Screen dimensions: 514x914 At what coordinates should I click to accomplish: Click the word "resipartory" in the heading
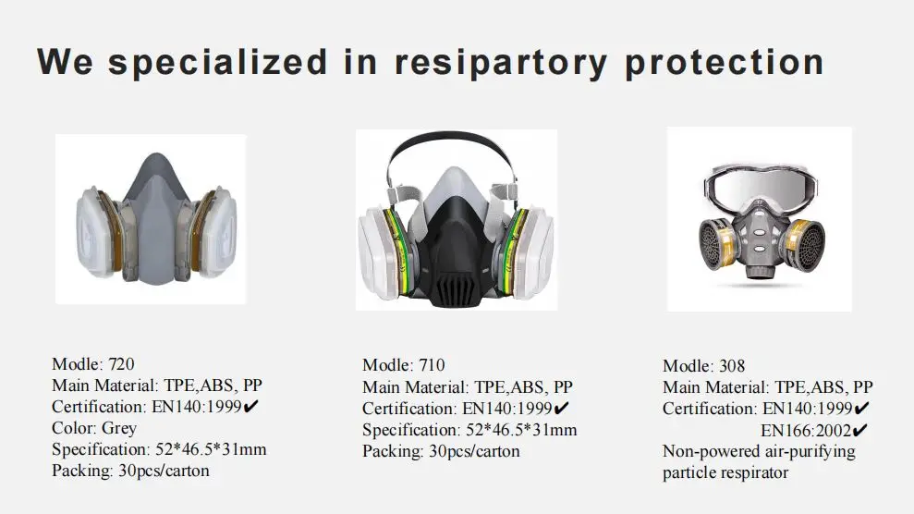pyautogui.click(x=500, y=63)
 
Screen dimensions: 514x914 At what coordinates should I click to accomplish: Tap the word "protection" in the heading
pyautogui.click(x=724, y=63)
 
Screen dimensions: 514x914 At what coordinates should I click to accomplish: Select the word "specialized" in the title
pyautogui.click(x=217, y=63)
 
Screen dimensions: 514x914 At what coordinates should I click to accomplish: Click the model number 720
pyautogui.click(x=121, y=364)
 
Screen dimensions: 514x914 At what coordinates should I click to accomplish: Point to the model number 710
pyautogui.click(x=431, y=365)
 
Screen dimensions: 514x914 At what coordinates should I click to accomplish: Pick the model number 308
pyautogui.click(x=731, y=366)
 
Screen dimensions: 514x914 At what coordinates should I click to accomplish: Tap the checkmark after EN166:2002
pyautogui.click(x=859, y=430)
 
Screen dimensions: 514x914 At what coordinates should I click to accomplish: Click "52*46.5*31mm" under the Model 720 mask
pyautogui.click(x=208, y=449)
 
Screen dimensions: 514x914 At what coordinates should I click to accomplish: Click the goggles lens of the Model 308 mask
pyautogui.click(x=758, y=189)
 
